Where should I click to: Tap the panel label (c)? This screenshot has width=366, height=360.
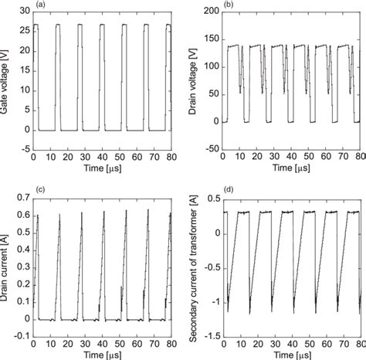coord(37,188)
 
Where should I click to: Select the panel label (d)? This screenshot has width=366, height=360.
coord(226,188)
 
